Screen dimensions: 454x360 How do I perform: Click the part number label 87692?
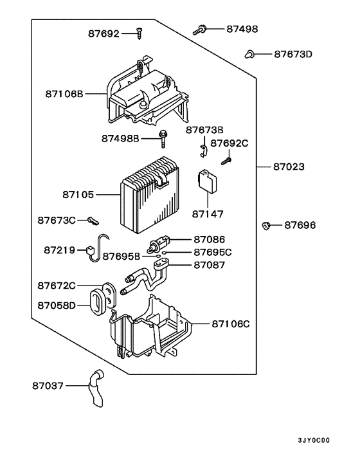[104, 34]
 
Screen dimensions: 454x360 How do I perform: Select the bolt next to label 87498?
[199, 28]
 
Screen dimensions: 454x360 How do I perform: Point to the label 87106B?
[64, 94]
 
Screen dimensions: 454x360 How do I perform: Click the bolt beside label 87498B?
[165, 137]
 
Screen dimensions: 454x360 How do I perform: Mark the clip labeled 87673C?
[92, 221]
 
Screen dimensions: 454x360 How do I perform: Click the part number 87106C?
[230, 323]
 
